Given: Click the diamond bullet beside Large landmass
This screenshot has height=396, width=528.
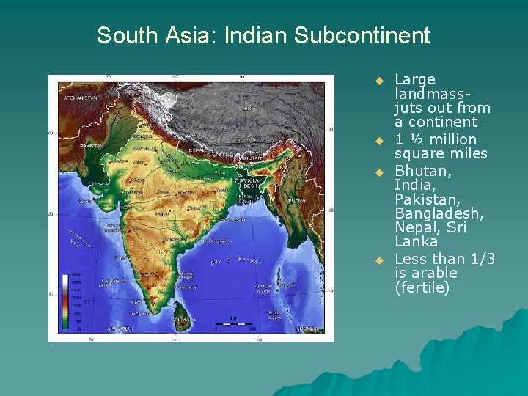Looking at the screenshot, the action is pos(379,79).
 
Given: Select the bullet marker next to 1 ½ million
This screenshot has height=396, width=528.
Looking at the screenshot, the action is pos(379,139).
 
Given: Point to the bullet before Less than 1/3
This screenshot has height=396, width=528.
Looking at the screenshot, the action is pos(379,260).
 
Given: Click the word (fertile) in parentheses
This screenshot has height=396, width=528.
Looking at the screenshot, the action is pos(422,287).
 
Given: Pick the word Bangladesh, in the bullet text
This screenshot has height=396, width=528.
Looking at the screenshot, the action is pos(439,213).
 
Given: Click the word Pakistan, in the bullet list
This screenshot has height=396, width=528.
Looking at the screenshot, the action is pos(425,199).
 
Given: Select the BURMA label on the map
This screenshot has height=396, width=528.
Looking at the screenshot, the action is pos(296,199).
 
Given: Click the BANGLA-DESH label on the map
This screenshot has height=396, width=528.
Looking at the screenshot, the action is pos(249,183).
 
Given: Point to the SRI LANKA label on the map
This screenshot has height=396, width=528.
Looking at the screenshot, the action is pos(184,319).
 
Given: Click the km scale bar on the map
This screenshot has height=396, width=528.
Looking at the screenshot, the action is pos(235,323).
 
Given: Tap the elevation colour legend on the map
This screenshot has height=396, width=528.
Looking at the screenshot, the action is pos(67,301).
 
